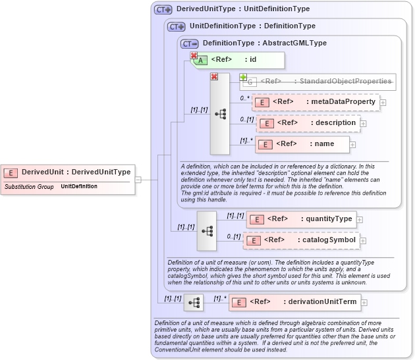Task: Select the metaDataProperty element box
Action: click(x=315, y=102)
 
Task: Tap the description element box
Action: click(x=308, y=123)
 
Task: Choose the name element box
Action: click(x=302, y=144)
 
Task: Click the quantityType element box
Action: click(x=301, y=219)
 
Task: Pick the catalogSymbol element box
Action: click(x=301, y=240)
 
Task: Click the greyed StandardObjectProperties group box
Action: click(x=318, y=82)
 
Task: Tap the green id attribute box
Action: click(x=238, y=60)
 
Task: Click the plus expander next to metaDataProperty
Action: click(x=383, y=103)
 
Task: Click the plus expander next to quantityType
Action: click(x=360, y=220)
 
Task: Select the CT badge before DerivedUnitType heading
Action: click(x=163, y=10)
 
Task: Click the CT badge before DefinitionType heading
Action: click(x=190, y=43)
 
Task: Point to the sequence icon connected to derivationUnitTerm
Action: click(x=194, y=303)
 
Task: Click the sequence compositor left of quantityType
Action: click(x=206, y=230)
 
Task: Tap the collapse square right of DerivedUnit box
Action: click(x=138, y=178)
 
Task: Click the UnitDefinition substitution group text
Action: click(x=79, y=187)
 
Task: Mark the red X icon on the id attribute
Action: click(x=194, y=56)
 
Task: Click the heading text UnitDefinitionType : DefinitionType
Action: click(x=252, y=26)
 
